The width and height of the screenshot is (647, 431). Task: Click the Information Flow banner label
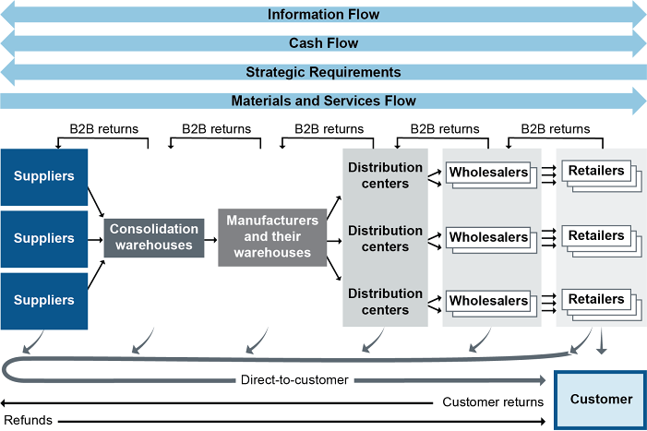click(x=323, y=14)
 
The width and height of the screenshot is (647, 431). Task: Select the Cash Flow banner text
click(x=323, y=42)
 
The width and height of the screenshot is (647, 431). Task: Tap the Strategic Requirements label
click(x=323, y=72)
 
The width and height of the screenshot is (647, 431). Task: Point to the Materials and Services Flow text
click(x=323, y=101)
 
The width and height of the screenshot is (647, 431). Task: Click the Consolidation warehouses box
click(x=153, y=236)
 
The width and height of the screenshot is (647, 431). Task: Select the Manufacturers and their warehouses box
click(x=271, y=237)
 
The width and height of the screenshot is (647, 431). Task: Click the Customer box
click(x=601, y=400)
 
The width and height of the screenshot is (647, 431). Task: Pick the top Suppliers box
click(x=44, y=175)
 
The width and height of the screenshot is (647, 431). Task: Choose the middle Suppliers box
click(x=44, y=238)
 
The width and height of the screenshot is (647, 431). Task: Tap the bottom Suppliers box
click(x=44, y=301)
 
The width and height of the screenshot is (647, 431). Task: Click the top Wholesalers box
click(x=488, y=173)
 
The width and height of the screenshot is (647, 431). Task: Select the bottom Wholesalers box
click(x=488, y=301)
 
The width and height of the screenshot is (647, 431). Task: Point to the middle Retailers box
click(x=596, y=236)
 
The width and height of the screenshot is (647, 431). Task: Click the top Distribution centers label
click(x=385, y=175)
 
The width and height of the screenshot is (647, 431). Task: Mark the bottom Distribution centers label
click(x=385, y=302)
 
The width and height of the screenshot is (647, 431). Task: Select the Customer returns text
click(x=493, y=402)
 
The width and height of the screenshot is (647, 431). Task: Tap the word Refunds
click(x=28, y=421)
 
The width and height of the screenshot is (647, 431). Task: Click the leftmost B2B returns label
click(x=104, y=129)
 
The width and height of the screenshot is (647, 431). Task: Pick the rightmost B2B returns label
click(x=555, y=129)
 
